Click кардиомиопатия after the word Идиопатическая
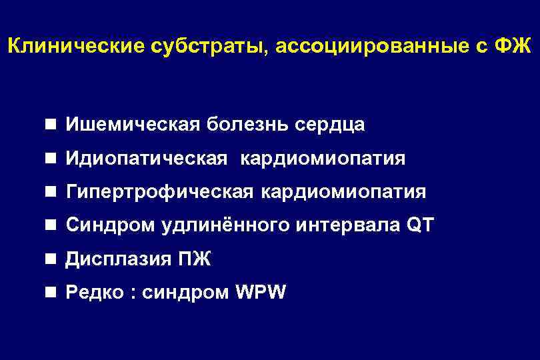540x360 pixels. coord(322,159)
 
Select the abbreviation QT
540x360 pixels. coord(419,225)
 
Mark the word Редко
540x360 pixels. coord(96,293)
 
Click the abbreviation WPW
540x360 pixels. coord(261,293)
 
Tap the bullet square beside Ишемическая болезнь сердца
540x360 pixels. coord(51,125)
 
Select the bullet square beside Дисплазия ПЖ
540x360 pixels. coord(51,259)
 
